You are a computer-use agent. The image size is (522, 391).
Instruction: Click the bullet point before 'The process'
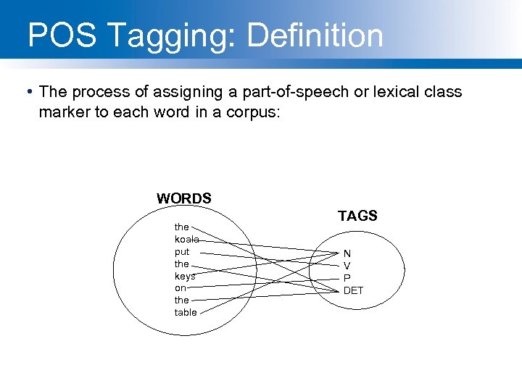(x=28, y=92)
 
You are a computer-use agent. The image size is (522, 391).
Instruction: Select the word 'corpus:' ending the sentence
(x=257, y=113)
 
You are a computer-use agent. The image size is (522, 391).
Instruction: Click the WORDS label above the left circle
(x=184, y=198)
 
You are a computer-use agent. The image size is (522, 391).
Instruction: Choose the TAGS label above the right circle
(x=357, y=216)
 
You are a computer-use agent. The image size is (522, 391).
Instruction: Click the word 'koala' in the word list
(x=186, y=239)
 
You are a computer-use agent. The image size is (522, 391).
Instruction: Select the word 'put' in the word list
(x=181, y=252)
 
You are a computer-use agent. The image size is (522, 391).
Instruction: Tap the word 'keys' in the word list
(x=184, y=276)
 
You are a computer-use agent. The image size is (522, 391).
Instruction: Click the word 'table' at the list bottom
(x=185, y=312)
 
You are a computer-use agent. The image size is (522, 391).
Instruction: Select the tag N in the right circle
(x=347, y=253)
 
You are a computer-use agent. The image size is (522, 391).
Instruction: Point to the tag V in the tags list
(x=347, y=266)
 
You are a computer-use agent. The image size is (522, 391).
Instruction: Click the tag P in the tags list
(x=347, y=278)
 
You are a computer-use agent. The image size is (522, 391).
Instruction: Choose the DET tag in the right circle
(x=353, y=290)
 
